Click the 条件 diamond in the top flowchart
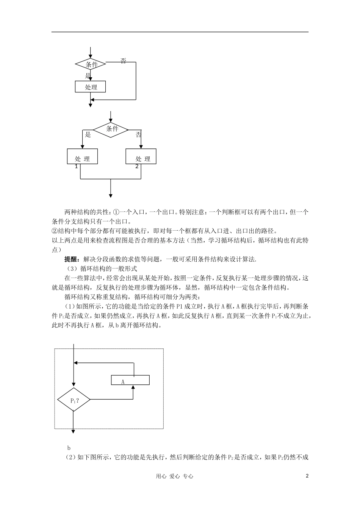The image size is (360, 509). point(91,64)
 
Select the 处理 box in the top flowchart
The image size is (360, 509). point(90,87)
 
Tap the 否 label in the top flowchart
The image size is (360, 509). point(123,61)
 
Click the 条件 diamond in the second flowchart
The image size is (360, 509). point(111,129)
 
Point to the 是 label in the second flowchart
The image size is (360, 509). point(88,135)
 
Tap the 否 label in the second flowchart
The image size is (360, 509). point(138,135)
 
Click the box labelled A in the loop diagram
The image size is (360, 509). point(130,380)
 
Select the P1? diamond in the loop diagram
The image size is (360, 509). point(74,399)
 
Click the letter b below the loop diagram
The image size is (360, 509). point(69,447)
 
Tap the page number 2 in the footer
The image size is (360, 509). point(307,476)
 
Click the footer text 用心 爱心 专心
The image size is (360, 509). point(174,476)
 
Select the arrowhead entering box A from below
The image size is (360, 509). point(133,387)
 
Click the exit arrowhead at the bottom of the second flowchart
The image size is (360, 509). point(110,195)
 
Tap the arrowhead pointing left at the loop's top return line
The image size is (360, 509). point(76,362)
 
